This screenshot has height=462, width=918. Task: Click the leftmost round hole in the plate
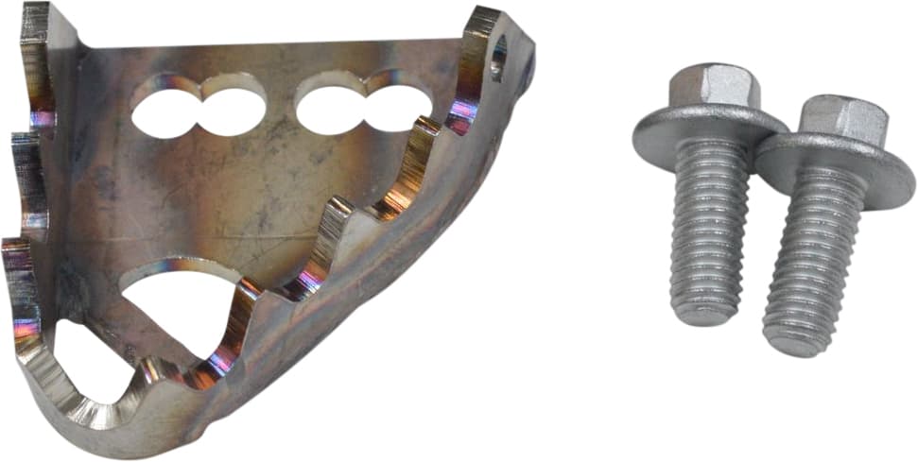(166, 111)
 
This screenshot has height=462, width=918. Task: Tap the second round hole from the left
(232, 107)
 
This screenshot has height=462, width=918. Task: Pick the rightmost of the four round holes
(396, 106)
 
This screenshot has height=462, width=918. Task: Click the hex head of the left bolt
(710, 87)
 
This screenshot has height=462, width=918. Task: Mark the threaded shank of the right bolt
(808, 265)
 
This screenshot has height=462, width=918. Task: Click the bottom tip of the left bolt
(704, 317)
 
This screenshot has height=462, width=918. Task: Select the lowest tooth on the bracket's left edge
(21, 283)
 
